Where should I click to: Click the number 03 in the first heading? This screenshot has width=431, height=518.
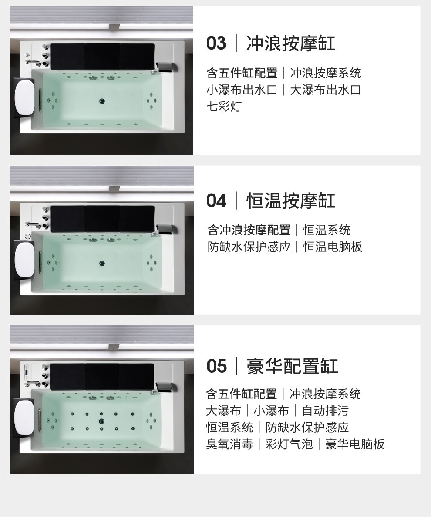[216, 43]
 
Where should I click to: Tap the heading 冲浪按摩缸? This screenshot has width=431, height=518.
[291, 43]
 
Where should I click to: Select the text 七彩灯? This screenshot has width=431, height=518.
[224, 107]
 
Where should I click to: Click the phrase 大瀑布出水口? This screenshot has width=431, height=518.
[326, 90]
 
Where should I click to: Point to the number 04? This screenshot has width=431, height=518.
[216, 201]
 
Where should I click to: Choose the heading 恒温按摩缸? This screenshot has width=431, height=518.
[291, 201]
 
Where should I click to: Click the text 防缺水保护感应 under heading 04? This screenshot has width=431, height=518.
[249, 247]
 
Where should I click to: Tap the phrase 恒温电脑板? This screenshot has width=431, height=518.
[333, 247]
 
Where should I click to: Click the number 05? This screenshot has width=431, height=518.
[217, 366]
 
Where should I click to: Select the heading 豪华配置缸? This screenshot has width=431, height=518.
[292, 366]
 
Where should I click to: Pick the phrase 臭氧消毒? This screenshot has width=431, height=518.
[229, 444]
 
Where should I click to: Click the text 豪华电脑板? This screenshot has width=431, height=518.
[354, 444]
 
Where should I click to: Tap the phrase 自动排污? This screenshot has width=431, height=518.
[326, 411]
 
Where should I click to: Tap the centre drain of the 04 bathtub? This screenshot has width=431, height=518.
[102, 263]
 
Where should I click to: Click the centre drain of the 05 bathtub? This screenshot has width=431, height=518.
[101, 421]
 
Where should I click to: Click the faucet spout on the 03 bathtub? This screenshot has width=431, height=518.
[33, 63]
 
